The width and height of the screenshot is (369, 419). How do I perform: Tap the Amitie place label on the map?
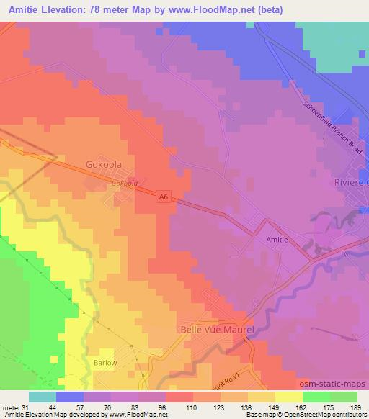pos(278,243)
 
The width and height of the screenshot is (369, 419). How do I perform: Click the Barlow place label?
pos(105,363)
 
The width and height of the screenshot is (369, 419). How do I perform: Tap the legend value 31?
pos(25,407)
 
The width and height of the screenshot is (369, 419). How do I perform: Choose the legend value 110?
pos(190,407)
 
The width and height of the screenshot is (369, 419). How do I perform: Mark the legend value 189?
pos(355,407)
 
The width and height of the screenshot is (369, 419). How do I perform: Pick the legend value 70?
pos(108,407)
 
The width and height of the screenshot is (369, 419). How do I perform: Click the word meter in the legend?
pos(10,407)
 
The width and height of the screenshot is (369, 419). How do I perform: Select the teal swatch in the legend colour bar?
pos(43,397)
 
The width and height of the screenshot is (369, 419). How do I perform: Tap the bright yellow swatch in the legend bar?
pos(289,397)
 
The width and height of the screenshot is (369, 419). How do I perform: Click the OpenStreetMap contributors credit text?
pos(331,415)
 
